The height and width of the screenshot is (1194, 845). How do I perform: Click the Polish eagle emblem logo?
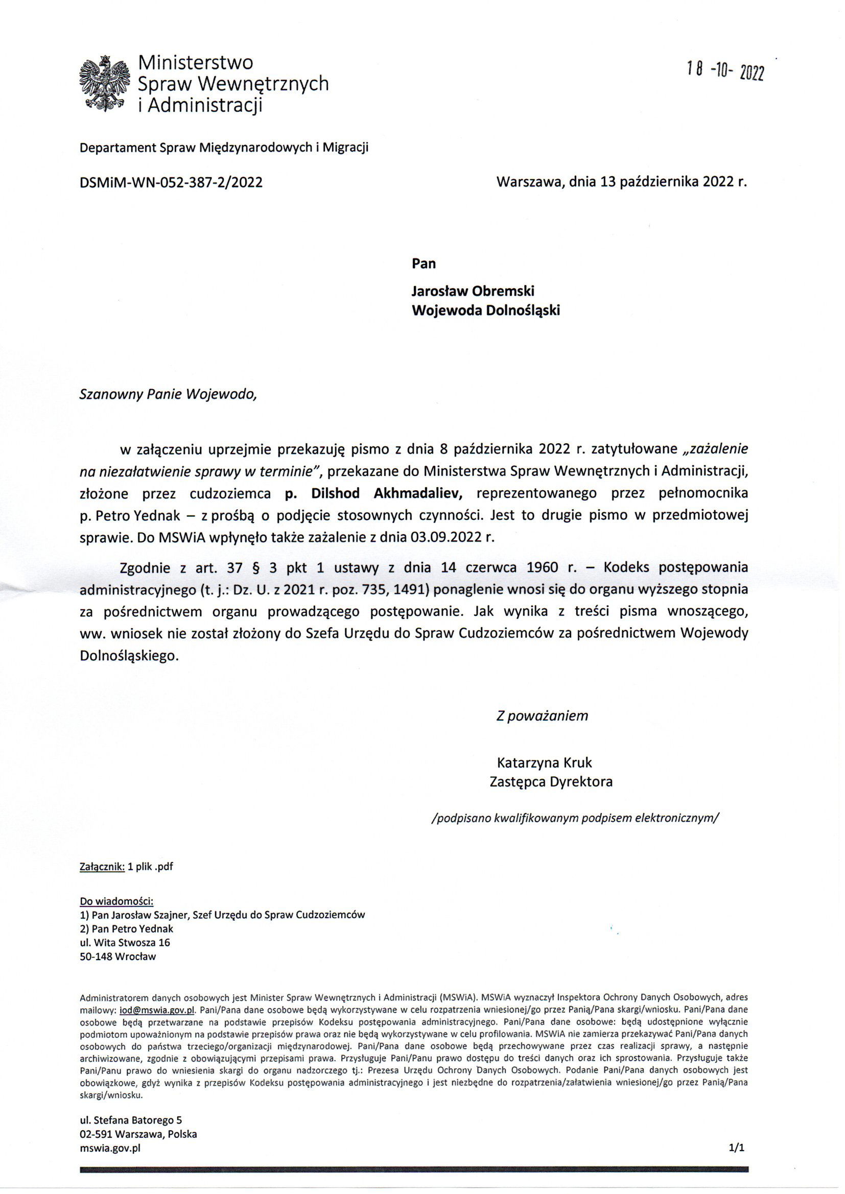(x=105, y=83)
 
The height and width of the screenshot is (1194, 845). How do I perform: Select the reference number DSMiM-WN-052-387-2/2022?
(x=171, y=182)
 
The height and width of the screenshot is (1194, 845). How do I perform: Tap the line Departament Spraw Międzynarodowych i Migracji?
(x=224, y=148)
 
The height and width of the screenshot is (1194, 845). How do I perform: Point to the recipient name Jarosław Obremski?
(x=473, y=291)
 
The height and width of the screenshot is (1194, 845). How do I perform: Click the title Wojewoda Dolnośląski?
(x=486, y=311)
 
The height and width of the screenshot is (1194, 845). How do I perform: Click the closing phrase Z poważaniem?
(x=542, y=715)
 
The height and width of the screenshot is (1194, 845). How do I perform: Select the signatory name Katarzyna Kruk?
(x=544, y=763)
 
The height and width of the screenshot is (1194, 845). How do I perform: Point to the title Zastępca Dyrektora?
(x=551, y=781)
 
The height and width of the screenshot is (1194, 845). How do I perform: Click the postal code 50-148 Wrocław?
(x=118, y=956)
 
